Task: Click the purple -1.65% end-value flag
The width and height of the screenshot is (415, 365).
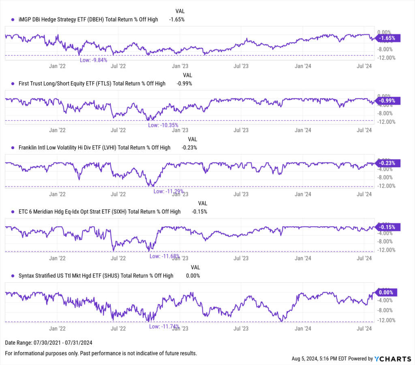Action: pos(388,38)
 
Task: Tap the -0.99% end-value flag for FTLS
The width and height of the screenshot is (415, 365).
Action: pos(388,101)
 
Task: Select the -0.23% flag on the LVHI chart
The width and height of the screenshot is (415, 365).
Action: pos(388,163)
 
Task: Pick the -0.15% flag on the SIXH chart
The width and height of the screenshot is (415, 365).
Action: pos(388,227)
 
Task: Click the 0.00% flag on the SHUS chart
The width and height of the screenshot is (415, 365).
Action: pos(387,292)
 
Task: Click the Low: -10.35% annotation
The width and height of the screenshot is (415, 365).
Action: pos(163,125)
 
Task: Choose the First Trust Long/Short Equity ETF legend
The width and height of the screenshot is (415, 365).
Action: pos(92,83)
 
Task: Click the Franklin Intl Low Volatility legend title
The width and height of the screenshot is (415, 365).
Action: pos(94,147)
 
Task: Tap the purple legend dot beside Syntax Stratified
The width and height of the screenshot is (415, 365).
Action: pos(13,275)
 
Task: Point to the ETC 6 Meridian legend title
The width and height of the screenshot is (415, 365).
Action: pos(99,211)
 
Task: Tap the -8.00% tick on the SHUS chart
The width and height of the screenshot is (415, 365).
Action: pos(387,310)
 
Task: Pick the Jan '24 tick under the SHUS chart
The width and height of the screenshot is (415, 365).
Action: pos(303,328)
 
